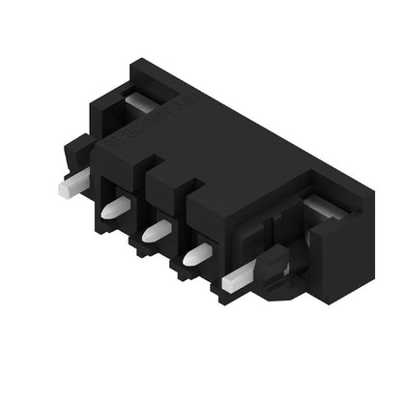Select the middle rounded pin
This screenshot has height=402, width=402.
coord(156,231)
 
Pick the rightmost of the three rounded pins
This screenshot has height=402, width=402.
coord(197,254)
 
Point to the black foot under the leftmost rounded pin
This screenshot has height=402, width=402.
coord(105,228)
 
